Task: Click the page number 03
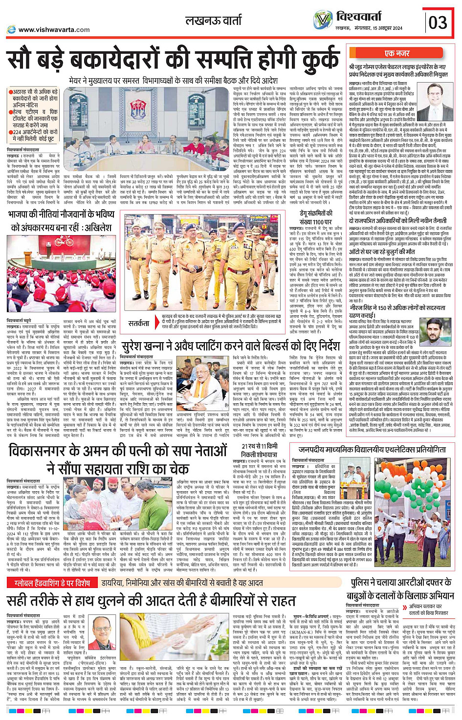click(438, 22)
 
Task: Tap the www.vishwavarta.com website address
click(54, 29)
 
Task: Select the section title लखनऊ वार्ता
click(214, 21)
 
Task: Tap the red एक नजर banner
click(397, 53)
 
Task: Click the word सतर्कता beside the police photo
click(139, 323)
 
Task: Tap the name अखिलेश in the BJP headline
click(97, 227)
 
